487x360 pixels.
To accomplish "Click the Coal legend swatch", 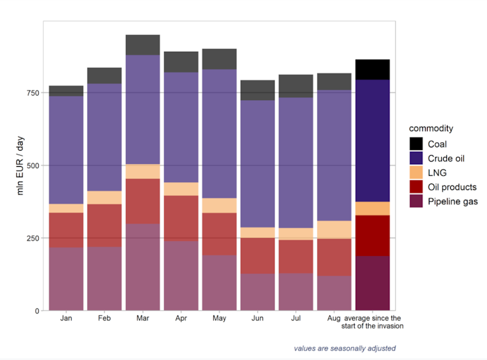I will pos(417,144).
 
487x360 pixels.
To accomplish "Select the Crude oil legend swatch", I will pos(417,158).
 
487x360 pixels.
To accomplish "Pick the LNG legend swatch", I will pos(417,173).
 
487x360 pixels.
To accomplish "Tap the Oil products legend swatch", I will pos(417,187).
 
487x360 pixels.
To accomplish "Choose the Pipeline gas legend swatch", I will pos(417,202).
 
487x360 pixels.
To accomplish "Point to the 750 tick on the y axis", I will pos(33,92).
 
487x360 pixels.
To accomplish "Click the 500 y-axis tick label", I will pos(33,165).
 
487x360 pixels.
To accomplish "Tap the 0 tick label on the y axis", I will pos(37,310).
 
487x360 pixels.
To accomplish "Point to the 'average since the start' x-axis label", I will pos(373,323).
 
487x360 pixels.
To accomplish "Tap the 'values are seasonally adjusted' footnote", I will pos(344,348).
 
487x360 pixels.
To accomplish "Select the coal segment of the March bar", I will pos(143,45).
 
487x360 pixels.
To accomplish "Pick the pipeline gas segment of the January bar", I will pos(66,279).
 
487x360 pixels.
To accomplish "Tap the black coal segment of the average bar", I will pos(373,70).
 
